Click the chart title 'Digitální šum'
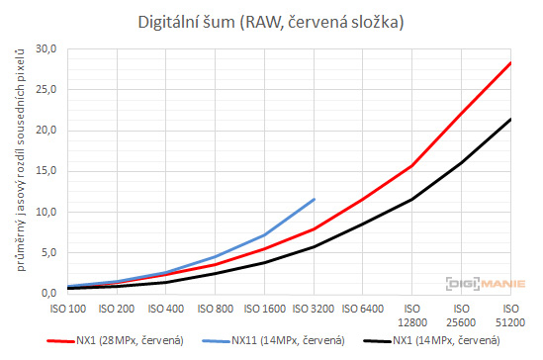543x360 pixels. pos(271,19)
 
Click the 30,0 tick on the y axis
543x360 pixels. pos(45,48)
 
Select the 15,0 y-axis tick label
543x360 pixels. pos(45,171)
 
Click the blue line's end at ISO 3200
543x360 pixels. pos(315,199)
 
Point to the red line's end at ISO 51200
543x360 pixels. pos(510,62)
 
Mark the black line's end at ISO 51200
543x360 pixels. pos(510,119)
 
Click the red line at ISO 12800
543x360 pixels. pos(412,165)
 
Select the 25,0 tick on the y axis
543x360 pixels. pos(45,89)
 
